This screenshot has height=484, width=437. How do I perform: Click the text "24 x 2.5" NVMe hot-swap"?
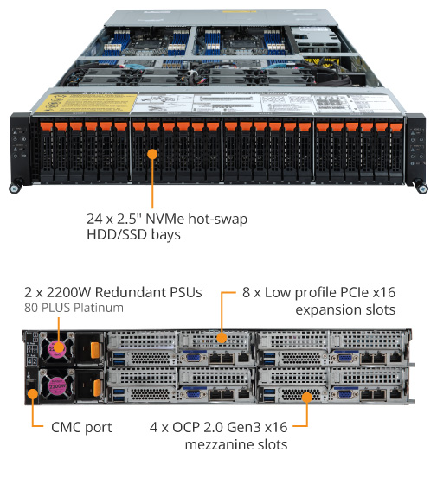167,219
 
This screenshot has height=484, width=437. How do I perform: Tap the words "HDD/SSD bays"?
133,234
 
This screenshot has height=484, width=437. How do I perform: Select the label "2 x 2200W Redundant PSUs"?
113,292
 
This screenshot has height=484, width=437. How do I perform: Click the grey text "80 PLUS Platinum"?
74,308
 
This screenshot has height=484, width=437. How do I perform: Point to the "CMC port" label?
81,428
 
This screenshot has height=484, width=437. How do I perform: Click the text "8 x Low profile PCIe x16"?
319,293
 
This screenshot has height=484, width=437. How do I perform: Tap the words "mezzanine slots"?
236,444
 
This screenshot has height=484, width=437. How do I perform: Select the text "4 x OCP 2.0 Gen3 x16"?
218,427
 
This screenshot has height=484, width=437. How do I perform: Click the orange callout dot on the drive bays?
152,154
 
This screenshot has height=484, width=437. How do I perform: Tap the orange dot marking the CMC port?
33,394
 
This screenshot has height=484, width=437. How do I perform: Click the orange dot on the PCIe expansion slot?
222,338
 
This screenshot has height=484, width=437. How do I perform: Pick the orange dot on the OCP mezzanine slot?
307,398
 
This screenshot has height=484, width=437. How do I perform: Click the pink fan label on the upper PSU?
57,348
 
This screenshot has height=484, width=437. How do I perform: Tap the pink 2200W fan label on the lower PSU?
57,385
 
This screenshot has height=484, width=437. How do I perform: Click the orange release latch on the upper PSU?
95,350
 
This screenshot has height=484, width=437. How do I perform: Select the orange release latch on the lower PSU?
97,388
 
